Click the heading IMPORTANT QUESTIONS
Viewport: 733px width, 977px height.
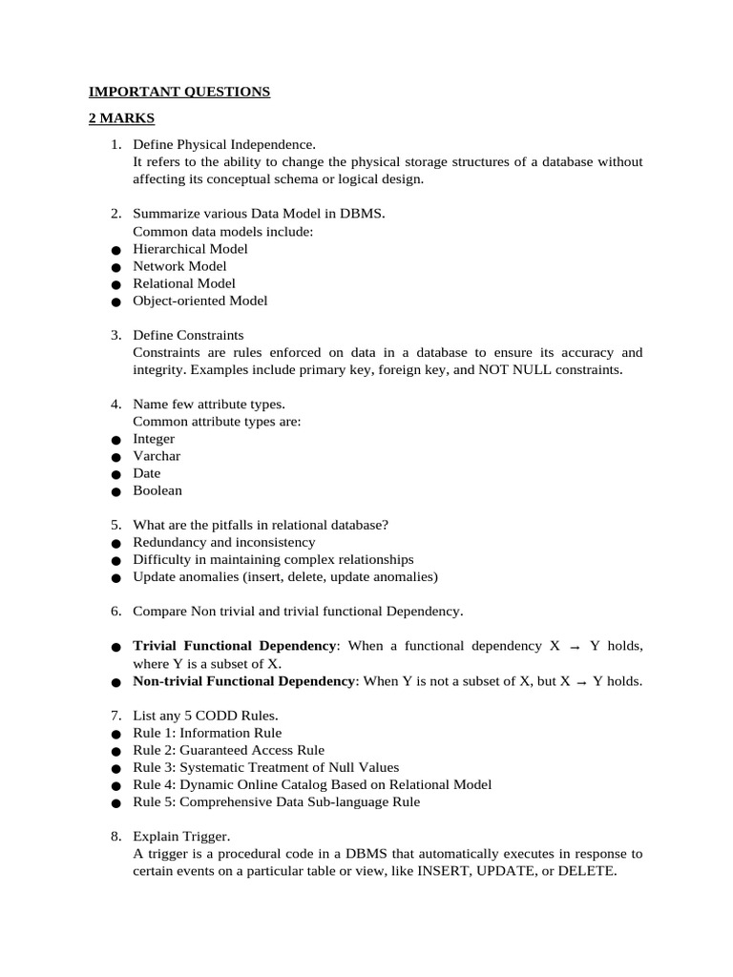[x=179, y=92]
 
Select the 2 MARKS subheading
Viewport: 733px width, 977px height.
[x=121, y=118]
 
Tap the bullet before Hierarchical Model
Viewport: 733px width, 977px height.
[x=115, y=250]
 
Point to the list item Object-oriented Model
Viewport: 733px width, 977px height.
[x=200, y=301]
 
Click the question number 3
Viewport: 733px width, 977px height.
[x=115, y=335]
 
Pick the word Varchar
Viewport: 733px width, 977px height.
[x=157, y=456]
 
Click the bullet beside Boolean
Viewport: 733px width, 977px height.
[x=115, y=492]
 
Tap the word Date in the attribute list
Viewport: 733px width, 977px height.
[x=147, y=473]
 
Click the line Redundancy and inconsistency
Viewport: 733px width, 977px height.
[x=224, y=542]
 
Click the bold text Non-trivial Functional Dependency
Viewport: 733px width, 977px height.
[x=244, y=681]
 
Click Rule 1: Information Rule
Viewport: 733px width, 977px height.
[x=207, y=733]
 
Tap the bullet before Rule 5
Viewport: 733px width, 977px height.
[x=115, y=803]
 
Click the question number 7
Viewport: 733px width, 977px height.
[x=115, y=716]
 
